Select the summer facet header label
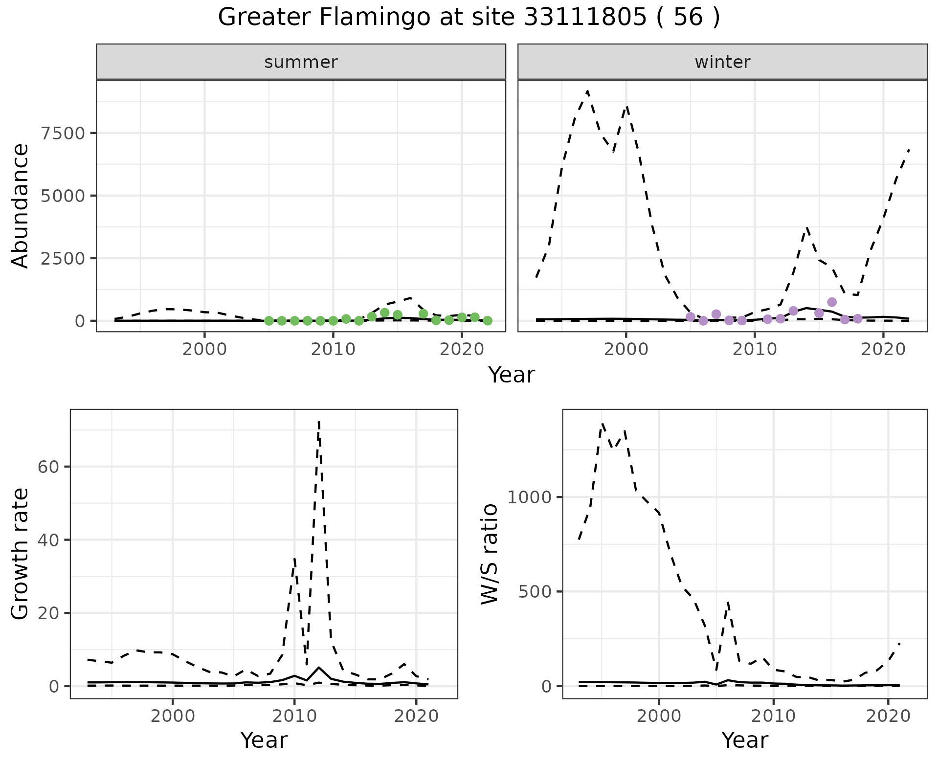pyautogui.click(x=301, y=62)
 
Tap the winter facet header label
pyautogui.click(x=722, y=62)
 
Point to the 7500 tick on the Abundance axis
pyautogui.click(x=63, y=133)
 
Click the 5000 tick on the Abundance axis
pyautogui.click(x=63, y=196)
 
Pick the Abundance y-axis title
pyautogui.click(x=20, y=206)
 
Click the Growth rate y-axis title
pyautogui.click(x=20, y=554)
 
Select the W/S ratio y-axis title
pyautogui.click(x=489, y=554)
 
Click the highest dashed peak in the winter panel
pyautogui.click(x=587, y=91)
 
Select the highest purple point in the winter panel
pyautogui.click(x=832, y=302)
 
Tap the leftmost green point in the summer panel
pyautogui.click(x=269, y=321)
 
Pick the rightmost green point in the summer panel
pyautogui.click(x=488, y=321)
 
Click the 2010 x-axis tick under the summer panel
pyautogui.click(x=333, y=350)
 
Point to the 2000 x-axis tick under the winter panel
pyautogui.click(x=626, y=350)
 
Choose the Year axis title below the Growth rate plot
pyautogui.click(x=264, y=741)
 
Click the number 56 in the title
pyautogui.click(x=688, y=18)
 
